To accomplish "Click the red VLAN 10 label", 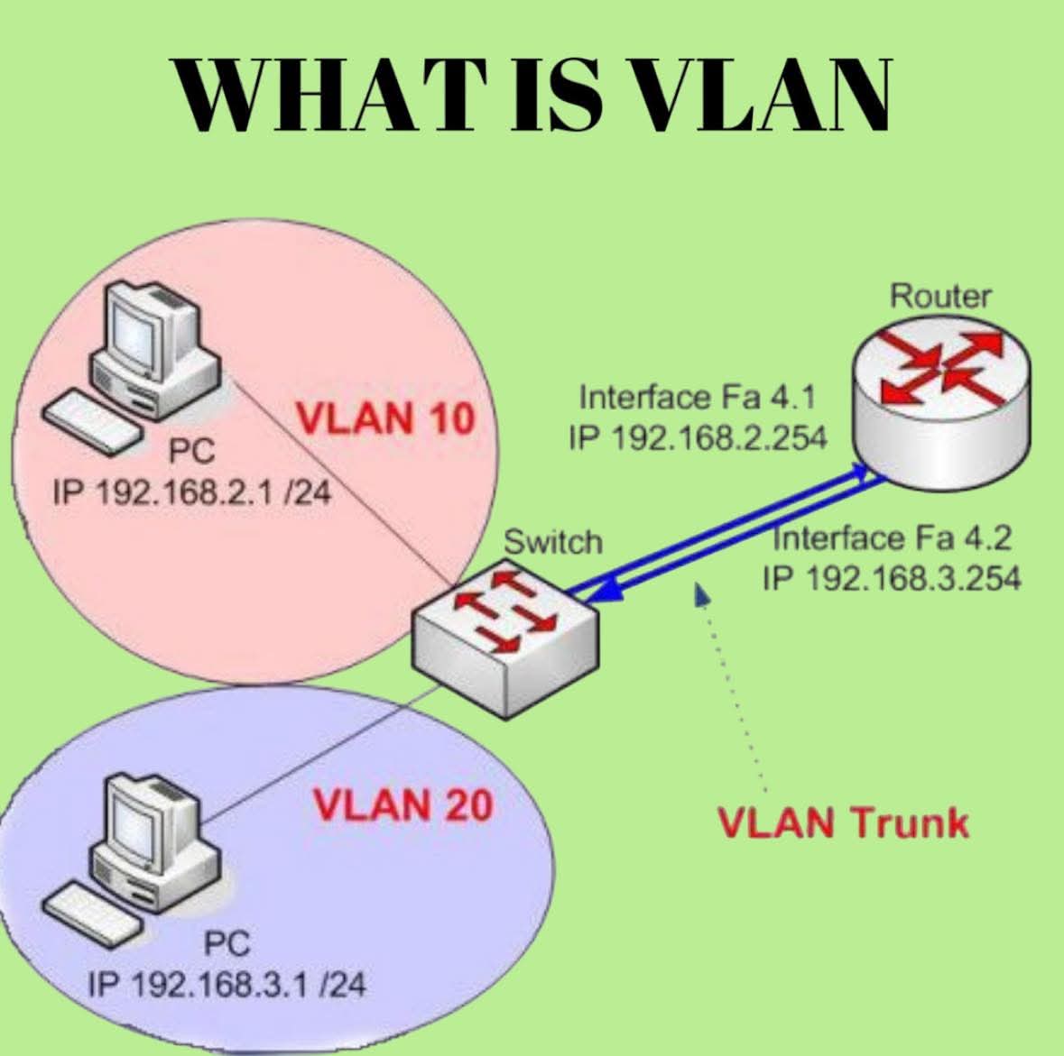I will (x=385, y=419).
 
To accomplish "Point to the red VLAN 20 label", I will (x=402, y=804).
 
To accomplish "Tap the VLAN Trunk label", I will (x=842, y=822).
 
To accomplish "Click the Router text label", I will (x=940, y=296).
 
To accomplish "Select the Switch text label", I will (x=552, y=542).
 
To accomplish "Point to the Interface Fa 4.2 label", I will (x=892, y=538).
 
